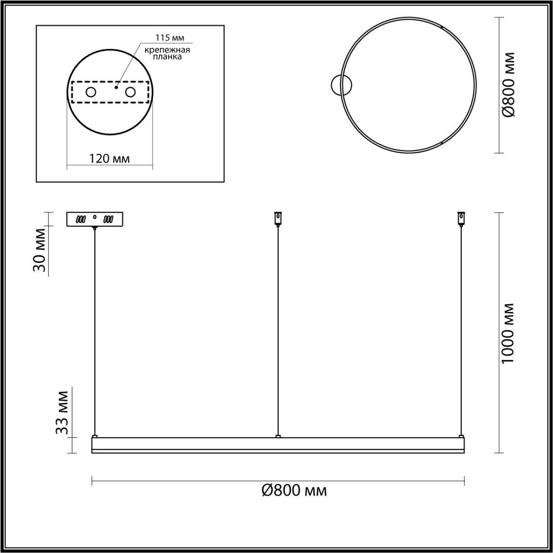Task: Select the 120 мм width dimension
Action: tap(110, 159)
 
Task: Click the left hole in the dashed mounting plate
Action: tap(90, 92)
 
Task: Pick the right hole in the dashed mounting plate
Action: tap(130, 92)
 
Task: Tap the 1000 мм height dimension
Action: tap(507, 333)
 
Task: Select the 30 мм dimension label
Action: tap(41, 256)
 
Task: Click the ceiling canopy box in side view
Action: tap(94, 219)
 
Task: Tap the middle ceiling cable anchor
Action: tap(277, 218)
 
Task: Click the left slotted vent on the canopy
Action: tap(82, 219)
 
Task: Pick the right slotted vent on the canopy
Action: tap(108, 219)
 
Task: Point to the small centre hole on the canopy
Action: tap(95, 217)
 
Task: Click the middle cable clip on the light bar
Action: tap(277, 435)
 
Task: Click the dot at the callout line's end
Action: tap(117, 86)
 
